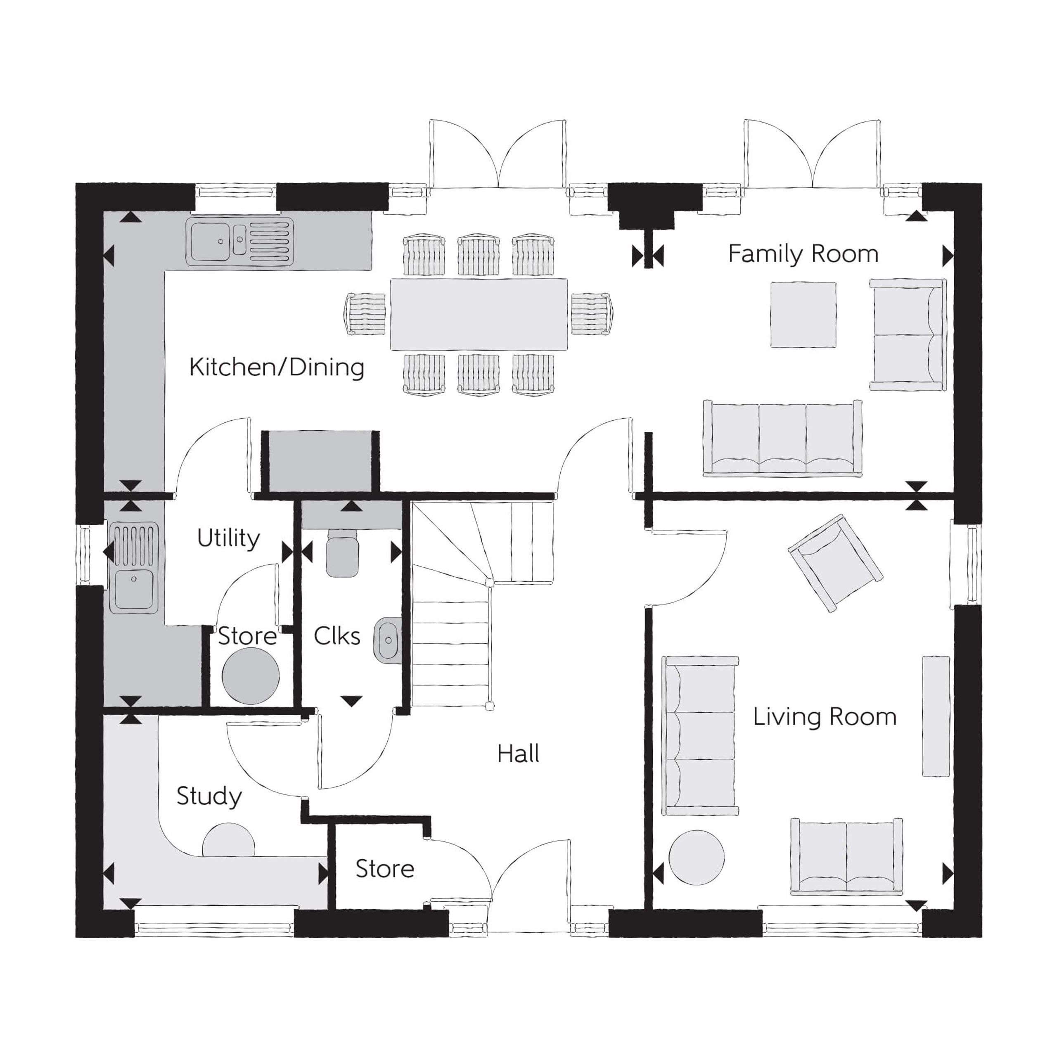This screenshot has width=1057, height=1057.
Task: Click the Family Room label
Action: point(803,254)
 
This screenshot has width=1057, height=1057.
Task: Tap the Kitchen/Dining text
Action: point(277,367)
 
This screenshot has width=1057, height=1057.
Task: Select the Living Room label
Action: point(825,717)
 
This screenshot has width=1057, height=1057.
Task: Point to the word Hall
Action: point(518,754)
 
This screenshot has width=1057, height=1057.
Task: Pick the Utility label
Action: point(228,538)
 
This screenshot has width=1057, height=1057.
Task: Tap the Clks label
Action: point(337,636)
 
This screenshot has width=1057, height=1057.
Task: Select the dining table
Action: point(479,314)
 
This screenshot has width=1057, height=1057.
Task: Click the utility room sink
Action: point(134,567)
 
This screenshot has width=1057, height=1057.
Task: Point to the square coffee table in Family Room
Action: point(803,315)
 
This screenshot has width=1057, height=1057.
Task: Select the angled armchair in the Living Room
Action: point(835,562)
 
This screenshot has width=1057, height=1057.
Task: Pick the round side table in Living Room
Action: point(697,857)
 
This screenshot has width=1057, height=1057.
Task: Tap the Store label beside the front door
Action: point(385,869)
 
